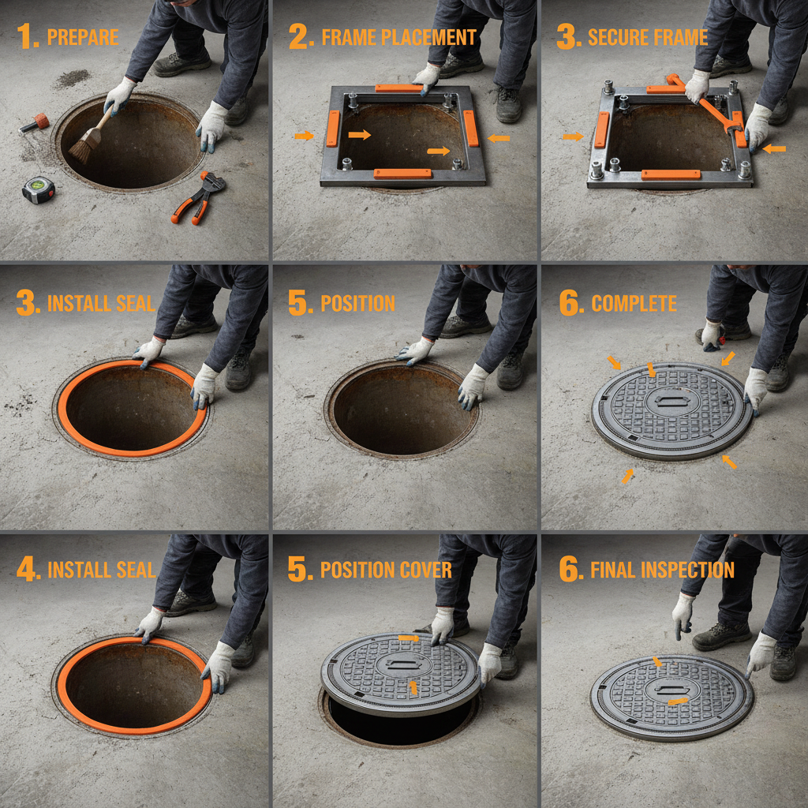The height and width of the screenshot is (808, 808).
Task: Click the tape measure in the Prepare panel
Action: tap(38, 190)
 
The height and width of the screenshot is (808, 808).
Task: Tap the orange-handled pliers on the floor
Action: tap(200, 197)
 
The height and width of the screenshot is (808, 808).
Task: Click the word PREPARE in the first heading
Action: tap(83, 37)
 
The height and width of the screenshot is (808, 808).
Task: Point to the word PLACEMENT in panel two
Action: tap(428, 37)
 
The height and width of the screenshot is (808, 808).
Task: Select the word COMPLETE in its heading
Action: tap(634, 304)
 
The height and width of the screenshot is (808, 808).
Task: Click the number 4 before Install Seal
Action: tap(28, 570)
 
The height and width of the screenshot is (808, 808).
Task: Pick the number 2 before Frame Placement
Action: tap(299, 37)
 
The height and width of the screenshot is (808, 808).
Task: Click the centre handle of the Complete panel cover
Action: tap(672, 402)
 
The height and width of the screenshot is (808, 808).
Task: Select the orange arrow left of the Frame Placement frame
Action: tap(304, 137)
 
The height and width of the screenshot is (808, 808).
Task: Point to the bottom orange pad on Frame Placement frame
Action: tap(402, 173)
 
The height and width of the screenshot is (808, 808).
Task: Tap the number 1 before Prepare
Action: tap(28, 37)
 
